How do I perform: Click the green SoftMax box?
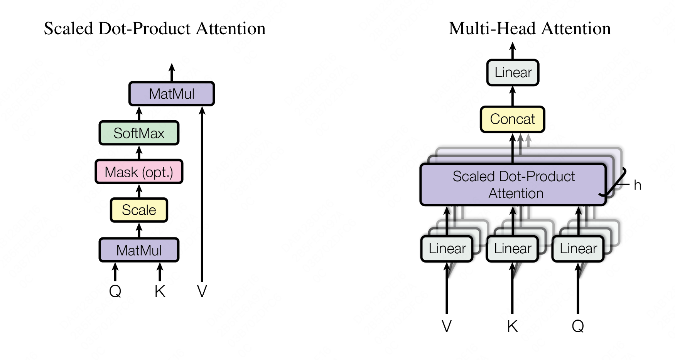coord(139,133)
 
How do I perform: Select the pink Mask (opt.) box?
coord(139,172)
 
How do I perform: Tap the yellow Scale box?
coord(139,210)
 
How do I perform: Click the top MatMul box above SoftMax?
coord(172,94)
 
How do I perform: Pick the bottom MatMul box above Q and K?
coord(139,250)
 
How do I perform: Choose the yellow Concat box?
coord(512,119)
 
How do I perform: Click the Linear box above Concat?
coord(513,72)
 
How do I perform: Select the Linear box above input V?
coord(447,249)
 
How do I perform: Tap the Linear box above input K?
coord(513,249)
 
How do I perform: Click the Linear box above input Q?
coord(578,249)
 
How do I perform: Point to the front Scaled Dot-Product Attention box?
coord(513,185)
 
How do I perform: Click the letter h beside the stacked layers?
coord(637,185)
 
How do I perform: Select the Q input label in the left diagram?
coord(115,291)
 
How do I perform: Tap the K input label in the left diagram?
coord(160,291)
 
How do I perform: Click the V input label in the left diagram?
coord(202,291)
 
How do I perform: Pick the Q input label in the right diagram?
coord(578,326)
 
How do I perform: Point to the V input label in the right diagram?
coord(447,326)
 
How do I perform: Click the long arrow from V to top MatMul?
coord(202,193)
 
